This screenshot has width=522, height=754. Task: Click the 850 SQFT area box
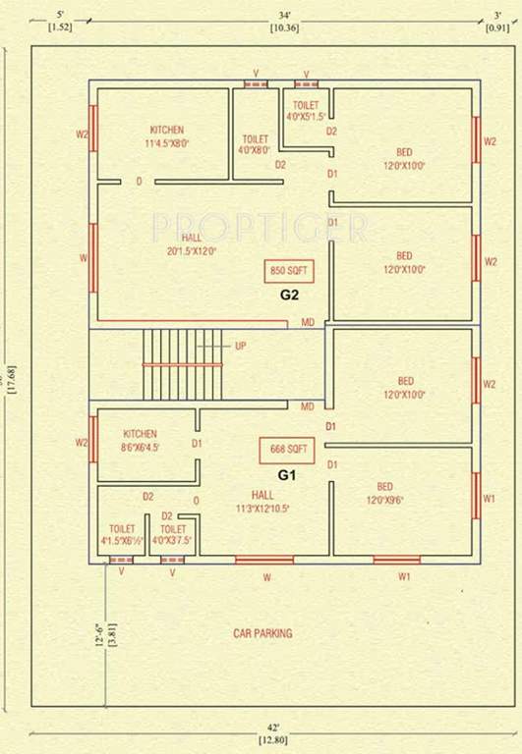tap(285, 270)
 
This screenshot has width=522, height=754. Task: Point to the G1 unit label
tap(286, 474)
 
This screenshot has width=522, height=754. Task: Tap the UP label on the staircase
tap(240, 346)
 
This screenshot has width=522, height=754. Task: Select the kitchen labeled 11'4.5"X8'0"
tap(167, 136)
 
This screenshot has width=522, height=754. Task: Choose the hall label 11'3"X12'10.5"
tap(263, 502)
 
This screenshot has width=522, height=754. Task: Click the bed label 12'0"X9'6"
tap(384, 494)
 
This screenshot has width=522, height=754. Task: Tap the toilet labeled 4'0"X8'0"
tap(256, 145)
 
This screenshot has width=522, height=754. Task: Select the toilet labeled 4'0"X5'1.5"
tap(306, 110)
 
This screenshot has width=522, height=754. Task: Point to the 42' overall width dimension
tap(266, 730)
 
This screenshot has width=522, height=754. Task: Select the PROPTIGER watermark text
tap(260, 228)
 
